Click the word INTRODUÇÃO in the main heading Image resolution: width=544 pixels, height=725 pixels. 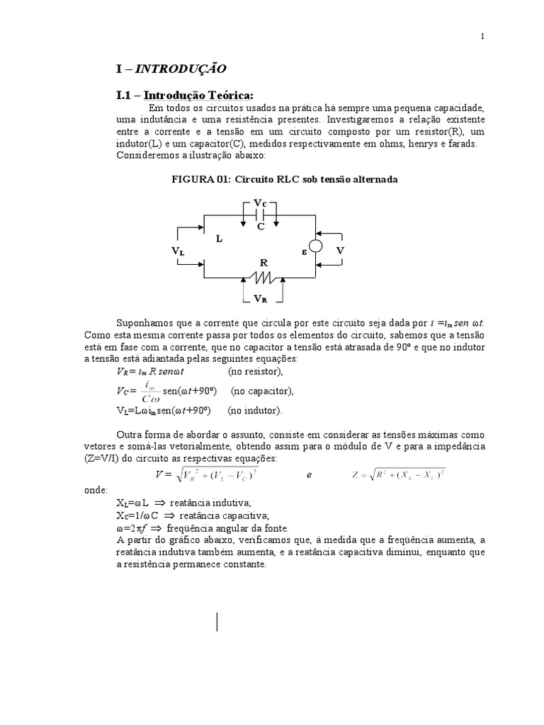181,69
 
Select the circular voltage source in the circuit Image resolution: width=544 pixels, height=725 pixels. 316,246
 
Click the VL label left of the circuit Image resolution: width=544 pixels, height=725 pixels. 177,251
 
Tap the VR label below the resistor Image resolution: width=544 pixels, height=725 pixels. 260,298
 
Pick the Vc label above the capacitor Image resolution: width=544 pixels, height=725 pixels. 260,203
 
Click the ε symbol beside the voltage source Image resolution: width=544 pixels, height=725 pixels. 303,251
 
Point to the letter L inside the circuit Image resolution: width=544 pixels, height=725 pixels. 220,239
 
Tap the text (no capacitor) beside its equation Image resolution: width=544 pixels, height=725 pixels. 261,391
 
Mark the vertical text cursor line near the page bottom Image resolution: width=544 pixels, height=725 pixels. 217,620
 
